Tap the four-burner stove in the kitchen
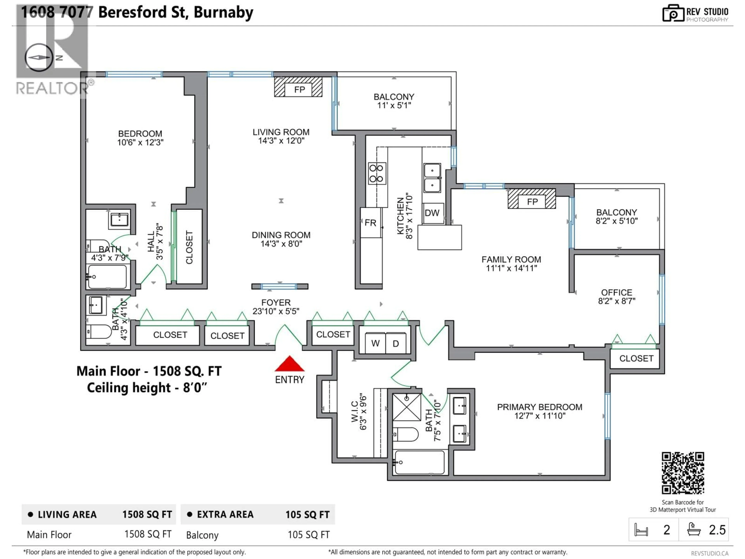(376, 173)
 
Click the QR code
(683, 473)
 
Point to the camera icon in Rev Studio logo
(673, 14)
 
